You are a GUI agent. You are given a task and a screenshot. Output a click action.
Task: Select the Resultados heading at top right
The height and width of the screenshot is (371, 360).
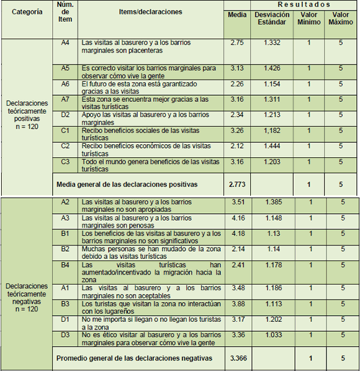pos(291,5)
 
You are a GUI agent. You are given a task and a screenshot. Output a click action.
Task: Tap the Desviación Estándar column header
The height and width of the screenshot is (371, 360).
pos(271,18)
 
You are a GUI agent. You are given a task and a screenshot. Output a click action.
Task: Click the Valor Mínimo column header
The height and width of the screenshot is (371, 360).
pos(308,18)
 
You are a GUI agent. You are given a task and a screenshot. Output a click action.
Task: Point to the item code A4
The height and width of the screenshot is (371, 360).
pos(66,43)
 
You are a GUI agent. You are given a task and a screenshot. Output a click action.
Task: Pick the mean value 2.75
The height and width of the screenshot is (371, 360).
pos(237,43)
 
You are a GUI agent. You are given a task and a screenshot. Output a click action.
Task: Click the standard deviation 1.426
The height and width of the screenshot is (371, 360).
pos(271,68)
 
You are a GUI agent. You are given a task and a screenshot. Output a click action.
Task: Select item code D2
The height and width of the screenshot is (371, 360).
pos(66,115)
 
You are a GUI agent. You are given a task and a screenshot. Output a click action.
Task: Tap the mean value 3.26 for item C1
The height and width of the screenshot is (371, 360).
pos(237,131)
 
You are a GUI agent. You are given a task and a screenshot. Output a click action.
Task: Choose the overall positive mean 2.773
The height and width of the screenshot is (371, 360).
pos(237,185)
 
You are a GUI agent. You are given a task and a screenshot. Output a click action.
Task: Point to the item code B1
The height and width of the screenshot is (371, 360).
pos(66,234)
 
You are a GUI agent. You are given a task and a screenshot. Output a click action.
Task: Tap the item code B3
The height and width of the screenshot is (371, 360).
pos(66,304)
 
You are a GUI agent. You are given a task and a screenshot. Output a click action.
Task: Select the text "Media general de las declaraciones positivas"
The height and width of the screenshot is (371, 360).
pos(127,185)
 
